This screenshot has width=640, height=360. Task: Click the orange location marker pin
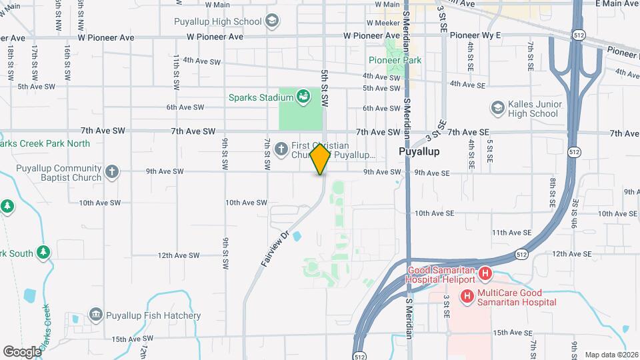pos(321,159)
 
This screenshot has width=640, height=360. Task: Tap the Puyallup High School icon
pos(271,21)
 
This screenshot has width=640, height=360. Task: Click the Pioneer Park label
pos(395,60)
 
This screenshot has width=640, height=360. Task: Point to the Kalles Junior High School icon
pos(497,107)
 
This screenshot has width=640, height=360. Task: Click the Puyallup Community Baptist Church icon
pos(112,172)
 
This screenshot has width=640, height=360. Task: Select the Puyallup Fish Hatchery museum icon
pos(95,315)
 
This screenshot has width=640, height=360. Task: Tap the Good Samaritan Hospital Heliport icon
pos(485,273)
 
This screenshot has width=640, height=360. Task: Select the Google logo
pos(22,351)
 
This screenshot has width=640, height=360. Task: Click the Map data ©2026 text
pos(611,355)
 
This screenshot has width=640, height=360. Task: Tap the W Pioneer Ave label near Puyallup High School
pos(215,37)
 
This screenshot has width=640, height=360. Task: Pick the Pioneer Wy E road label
pos(475,35)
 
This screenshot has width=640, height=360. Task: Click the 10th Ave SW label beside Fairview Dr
pos(246,203)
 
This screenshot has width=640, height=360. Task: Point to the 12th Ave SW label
pos(179,255)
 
